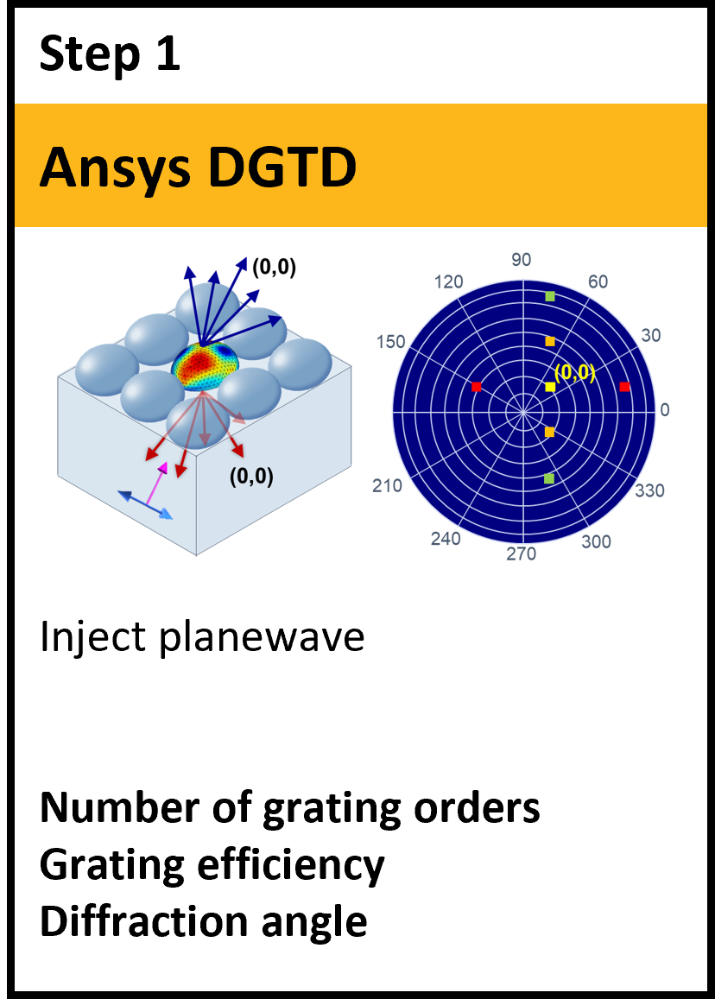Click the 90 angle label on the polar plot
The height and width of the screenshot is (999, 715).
521,259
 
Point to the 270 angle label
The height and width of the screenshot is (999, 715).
522,554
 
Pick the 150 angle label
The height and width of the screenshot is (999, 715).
390,342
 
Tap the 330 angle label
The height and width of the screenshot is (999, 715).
649,490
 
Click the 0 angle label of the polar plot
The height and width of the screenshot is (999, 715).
665,409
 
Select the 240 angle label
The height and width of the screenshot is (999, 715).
446,539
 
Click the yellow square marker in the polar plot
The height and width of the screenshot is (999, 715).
550,387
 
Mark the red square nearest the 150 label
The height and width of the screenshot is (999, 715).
476,387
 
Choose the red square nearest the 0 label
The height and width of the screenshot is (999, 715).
624,387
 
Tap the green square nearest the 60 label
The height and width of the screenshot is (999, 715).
550,296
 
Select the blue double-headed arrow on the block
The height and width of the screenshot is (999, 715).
146,504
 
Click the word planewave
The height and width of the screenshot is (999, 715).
262,637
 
